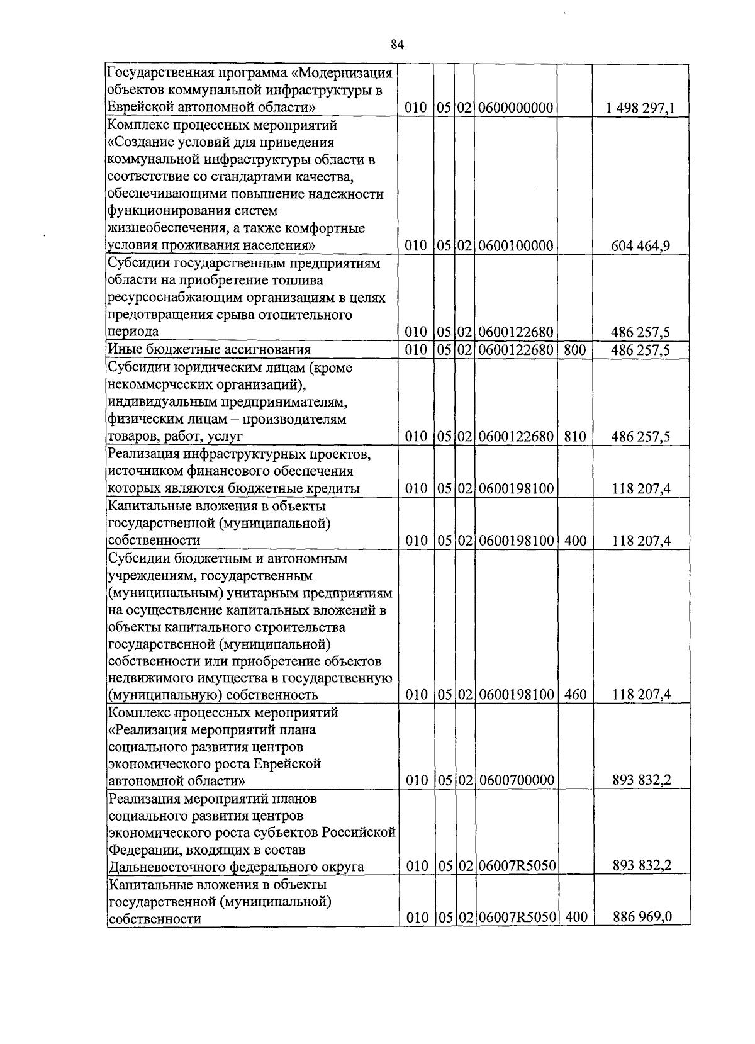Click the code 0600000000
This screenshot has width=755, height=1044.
(515, 108)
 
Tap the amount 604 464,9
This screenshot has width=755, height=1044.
(640, 245)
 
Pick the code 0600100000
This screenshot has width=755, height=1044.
(515, 245)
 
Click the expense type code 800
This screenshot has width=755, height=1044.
(575, 349)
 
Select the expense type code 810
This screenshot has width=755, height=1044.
(575, 436)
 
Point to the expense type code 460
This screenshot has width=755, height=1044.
(575, 695)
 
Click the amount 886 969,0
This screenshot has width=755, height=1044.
(642, 917)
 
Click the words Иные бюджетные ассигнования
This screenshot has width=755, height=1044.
(210, 349)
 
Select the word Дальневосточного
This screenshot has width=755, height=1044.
(167, 867)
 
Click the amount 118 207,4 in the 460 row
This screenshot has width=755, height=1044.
(641, 695)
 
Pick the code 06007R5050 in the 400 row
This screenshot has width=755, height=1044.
(517, 917)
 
